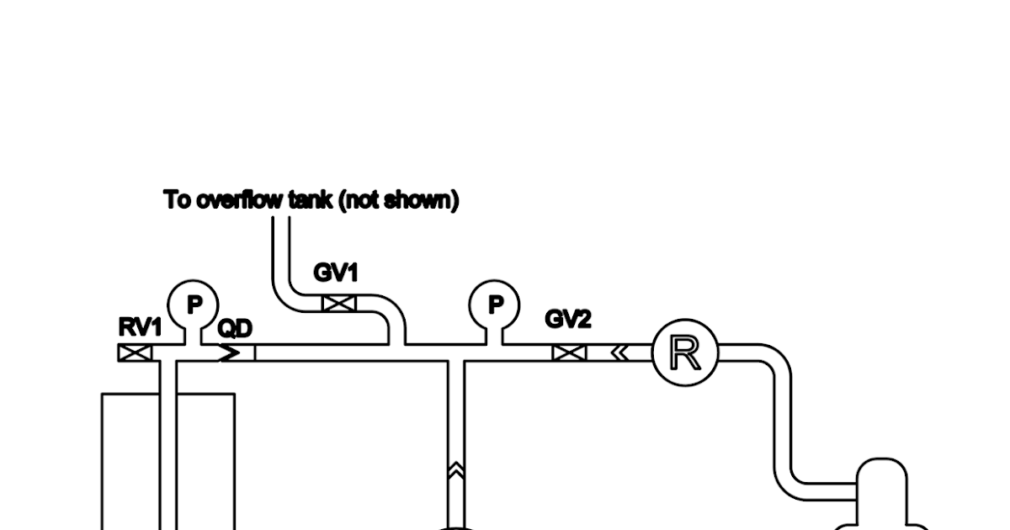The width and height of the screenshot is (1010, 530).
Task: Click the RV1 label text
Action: (x=140, y=327)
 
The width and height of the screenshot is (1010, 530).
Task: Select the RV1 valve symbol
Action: (x=135, y=353)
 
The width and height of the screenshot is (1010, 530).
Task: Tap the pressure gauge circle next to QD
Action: (x=194, y=305)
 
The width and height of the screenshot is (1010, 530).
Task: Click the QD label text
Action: (x=235, y=329)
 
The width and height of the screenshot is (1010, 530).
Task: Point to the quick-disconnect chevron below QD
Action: (x=229, y=353)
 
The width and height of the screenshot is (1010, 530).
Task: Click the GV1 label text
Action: (x=336, y=273)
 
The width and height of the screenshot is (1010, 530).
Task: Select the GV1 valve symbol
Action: (x=339, y=304)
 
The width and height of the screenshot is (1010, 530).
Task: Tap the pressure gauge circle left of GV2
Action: (x=495, y=305)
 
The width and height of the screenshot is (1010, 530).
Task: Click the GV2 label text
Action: (x=568, y=320)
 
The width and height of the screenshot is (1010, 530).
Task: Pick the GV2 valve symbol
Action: (x=569, y=353)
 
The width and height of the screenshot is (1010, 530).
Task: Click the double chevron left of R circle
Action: (x=619, y=353)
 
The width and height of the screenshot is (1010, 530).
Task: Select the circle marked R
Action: (x=685, y=353)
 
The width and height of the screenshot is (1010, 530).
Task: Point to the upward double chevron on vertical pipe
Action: (x=456, y=471)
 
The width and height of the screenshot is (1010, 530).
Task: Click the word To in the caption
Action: (x=177, y=200)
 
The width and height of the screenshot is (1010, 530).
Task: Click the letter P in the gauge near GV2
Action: (x=495, y=304)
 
